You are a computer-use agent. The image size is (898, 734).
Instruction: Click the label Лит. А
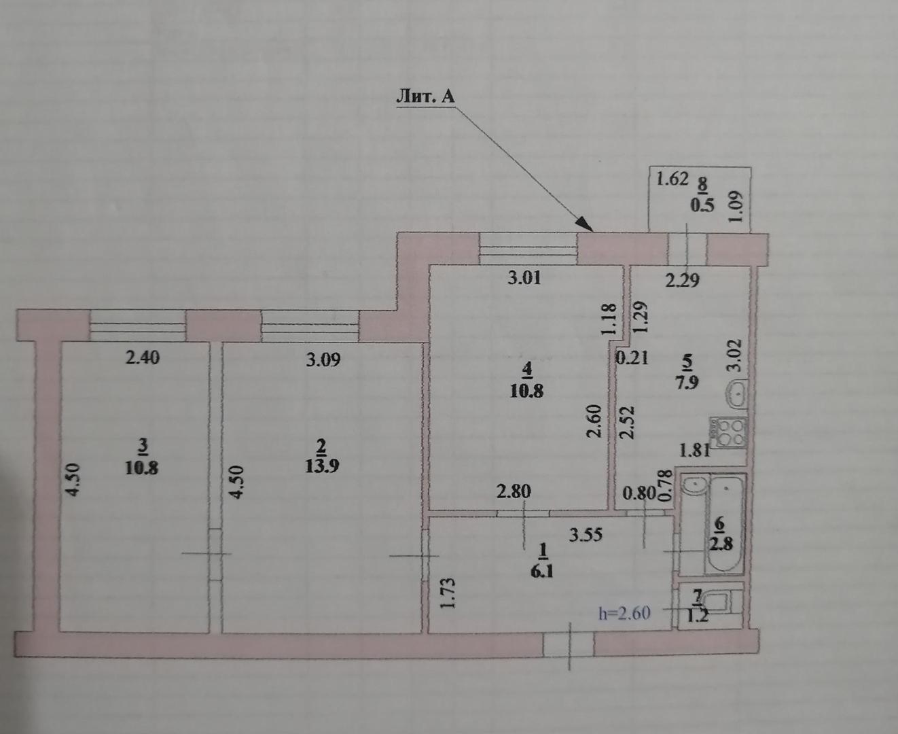425,97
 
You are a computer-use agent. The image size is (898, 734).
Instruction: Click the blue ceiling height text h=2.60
624,613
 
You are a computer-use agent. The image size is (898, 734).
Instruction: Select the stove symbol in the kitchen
728,431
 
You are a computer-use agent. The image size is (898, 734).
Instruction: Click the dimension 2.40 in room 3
143,357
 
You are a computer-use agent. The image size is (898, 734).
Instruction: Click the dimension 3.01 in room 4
525,277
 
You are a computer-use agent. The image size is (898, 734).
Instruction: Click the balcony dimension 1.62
672,180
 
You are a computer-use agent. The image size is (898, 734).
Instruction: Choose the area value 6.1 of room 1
542,572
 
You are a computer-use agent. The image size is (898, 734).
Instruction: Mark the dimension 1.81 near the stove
695,449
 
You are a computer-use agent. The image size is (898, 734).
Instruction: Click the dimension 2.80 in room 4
513,491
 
